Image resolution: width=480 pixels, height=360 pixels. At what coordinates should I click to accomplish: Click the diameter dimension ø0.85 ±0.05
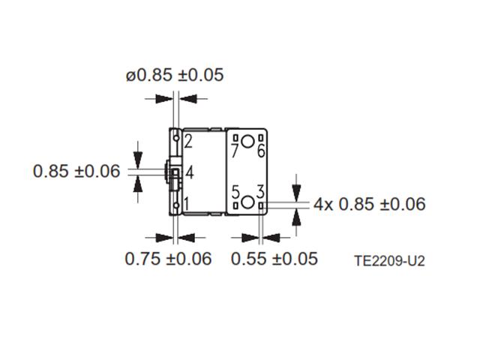pyautogui.click(x=174, y=75)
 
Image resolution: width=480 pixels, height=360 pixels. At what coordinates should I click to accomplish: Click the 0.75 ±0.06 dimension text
pyautogui.click(x=168, y=259)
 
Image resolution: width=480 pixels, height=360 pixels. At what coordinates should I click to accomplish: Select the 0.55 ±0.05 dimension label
pyautogui.click(x=274, y=259)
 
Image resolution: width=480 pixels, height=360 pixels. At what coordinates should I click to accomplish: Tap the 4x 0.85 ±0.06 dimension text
pyautogui.click(x=369, y=204)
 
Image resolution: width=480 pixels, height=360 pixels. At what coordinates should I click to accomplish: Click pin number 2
pyautogui.click(x=188, y=140)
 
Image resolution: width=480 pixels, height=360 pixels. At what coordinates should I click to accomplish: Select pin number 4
pyautogui.click(x=190, y=172)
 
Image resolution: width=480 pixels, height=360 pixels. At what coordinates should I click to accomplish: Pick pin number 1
pyautogui.click(x=187, y=203)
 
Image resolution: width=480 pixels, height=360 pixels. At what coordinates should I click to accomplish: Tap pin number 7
pyautogui.click(x=235, y=151)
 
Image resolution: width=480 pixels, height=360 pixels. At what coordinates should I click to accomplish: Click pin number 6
pyautogui.click(x=261, y=151)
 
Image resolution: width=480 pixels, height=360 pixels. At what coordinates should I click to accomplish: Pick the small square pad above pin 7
pyautogui.click(x=234, y=138)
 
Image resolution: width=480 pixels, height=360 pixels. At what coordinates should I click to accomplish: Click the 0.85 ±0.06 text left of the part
pyautogui.click(x=76, y=171)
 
